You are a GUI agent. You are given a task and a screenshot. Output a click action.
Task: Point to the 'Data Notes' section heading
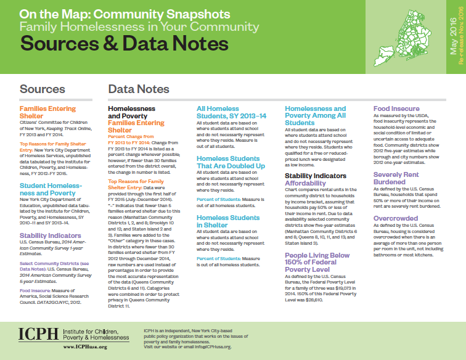[139, 89]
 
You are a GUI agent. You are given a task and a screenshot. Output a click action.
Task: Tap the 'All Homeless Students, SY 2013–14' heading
[231, 112]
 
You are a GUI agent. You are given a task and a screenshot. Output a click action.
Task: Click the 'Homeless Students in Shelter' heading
[228, 221]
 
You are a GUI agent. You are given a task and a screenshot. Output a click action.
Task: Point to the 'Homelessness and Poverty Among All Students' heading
[315, 115]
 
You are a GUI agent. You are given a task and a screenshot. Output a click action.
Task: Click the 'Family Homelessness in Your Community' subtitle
[139, 27]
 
